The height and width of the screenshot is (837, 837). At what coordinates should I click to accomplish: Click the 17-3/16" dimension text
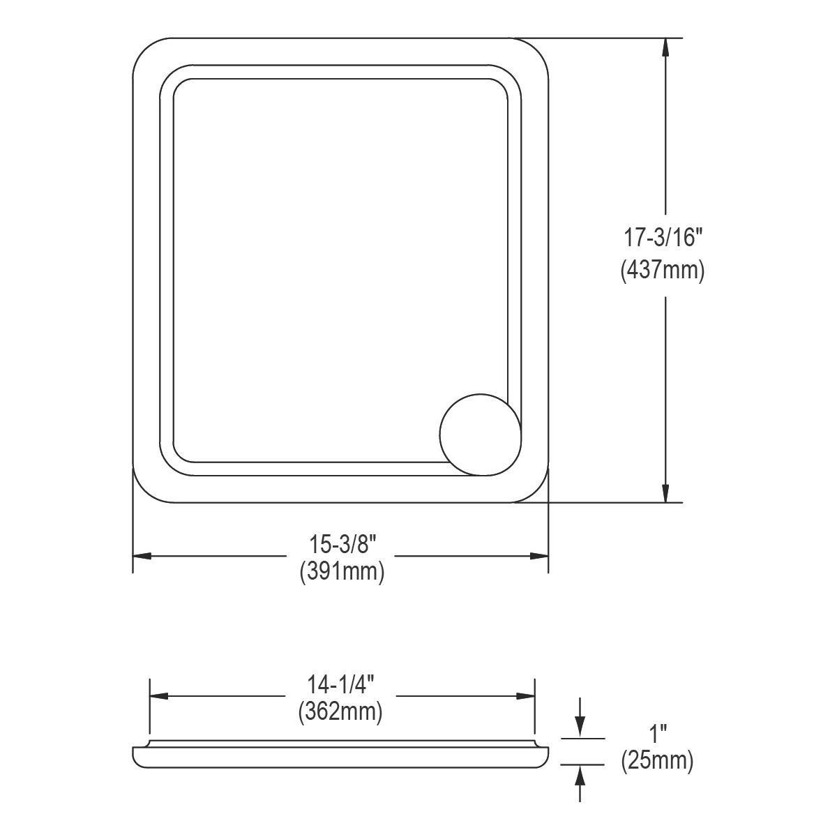(662, 239)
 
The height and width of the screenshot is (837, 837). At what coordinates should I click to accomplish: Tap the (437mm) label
(662, 270)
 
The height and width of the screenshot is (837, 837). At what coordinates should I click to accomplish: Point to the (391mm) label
(341, 573)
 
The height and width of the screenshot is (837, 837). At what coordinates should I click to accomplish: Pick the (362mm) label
(341, 712)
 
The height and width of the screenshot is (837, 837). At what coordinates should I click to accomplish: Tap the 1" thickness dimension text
(657, 733)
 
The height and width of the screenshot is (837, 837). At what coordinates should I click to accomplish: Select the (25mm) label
(657, 761)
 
